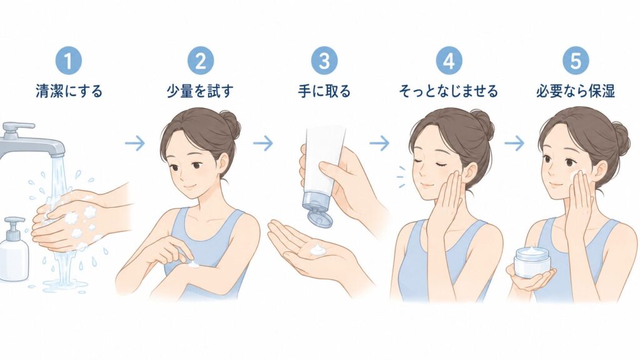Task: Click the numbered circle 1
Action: (x=69, y=61)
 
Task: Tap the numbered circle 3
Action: (x=324, y=61)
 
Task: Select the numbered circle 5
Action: (x=576, y=61)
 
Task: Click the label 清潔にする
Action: (x=69, y=91)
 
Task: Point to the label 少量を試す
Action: (x=200, y=91)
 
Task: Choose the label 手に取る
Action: (x=324, y=91)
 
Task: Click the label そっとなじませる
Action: (x=448, y=91)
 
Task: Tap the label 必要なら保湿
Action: (x=576, y=91)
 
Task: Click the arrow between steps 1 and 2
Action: (x=135, y=143)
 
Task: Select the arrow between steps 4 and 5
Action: (x=514, y=143)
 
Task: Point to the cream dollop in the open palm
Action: (x=316, y=250)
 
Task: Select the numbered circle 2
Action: (x=201, y=61)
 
